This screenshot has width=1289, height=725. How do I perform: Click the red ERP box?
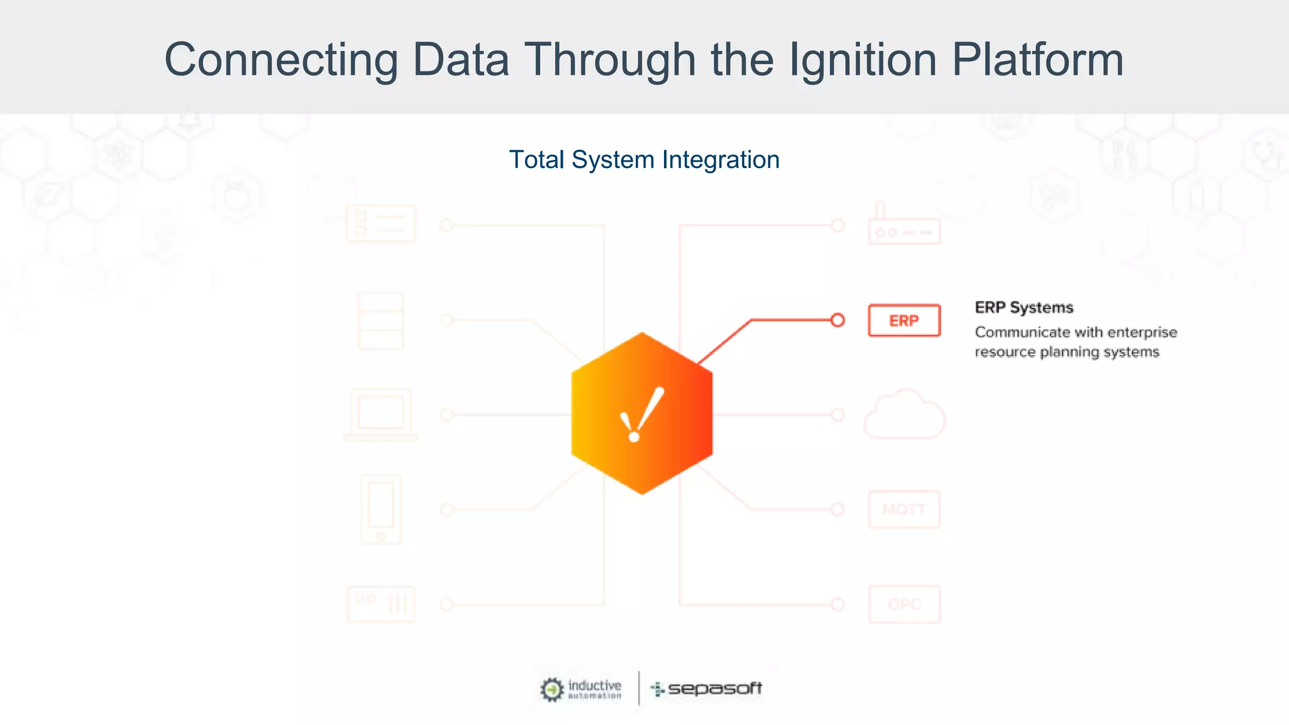(x=904, y=320)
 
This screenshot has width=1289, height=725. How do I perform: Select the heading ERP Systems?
(x=1023, y=308)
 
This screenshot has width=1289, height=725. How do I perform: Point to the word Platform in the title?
(x=1037, y=60)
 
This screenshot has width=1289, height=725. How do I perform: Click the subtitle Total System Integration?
(x=644, y=160)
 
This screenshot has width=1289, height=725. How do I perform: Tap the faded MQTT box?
(x=904, y=509)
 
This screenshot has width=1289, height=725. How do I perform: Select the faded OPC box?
(x=904, y=604)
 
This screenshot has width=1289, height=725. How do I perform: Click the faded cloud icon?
(x=904, y=415)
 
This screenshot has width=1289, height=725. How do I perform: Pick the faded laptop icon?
(x=381, y=415)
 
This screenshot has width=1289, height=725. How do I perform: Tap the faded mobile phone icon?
(x=381, y=509)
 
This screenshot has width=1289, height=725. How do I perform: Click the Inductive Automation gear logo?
(x=552, y=689)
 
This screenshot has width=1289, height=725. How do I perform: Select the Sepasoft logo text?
(x=714, y=688)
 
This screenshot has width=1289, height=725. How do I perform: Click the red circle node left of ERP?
(x=837, y=320)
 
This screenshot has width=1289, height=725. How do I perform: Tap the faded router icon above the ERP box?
(x=904, y=225)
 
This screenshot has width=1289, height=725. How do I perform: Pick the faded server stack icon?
(x=381, y=320)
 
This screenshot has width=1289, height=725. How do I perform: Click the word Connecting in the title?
(x=281, y=60)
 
